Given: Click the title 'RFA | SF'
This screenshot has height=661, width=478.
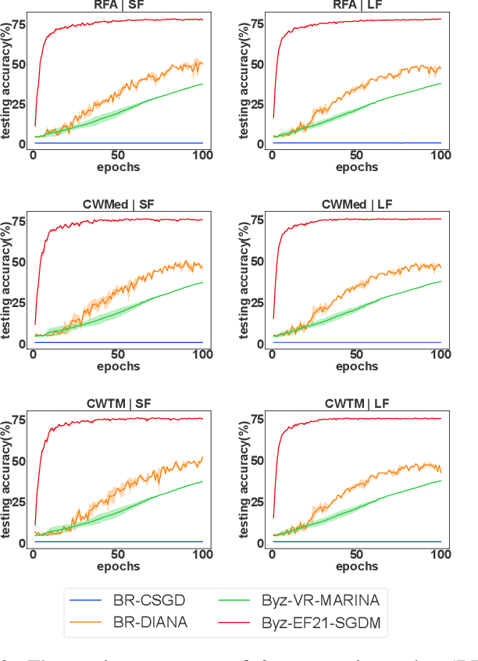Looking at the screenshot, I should pyautogui.click(x=119, y=5).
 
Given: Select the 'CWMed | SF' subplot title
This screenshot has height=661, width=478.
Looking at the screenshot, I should pyautogui.click(x=119, y=205).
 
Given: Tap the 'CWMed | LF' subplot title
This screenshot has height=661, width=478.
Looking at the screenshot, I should pyautogui.click(x=357, y=205).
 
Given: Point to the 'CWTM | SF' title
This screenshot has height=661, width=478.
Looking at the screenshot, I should pyautogui.click(x=119, y=404).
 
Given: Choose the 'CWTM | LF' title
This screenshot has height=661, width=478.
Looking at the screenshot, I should pyautogui.click(x=357, y=404).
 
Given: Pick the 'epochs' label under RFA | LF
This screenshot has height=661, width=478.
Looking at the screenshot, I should pyautogui.click(x=356, y=167).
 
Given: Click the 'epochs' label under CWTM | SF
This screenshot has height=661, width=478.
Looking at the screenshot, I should pyautogui.click(x=118, y=566).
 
